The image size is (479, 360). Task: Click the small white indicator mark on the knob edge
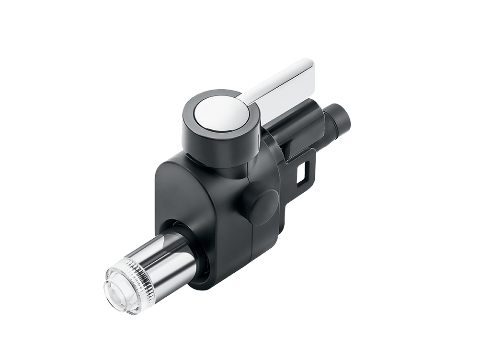coord(259,139)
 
